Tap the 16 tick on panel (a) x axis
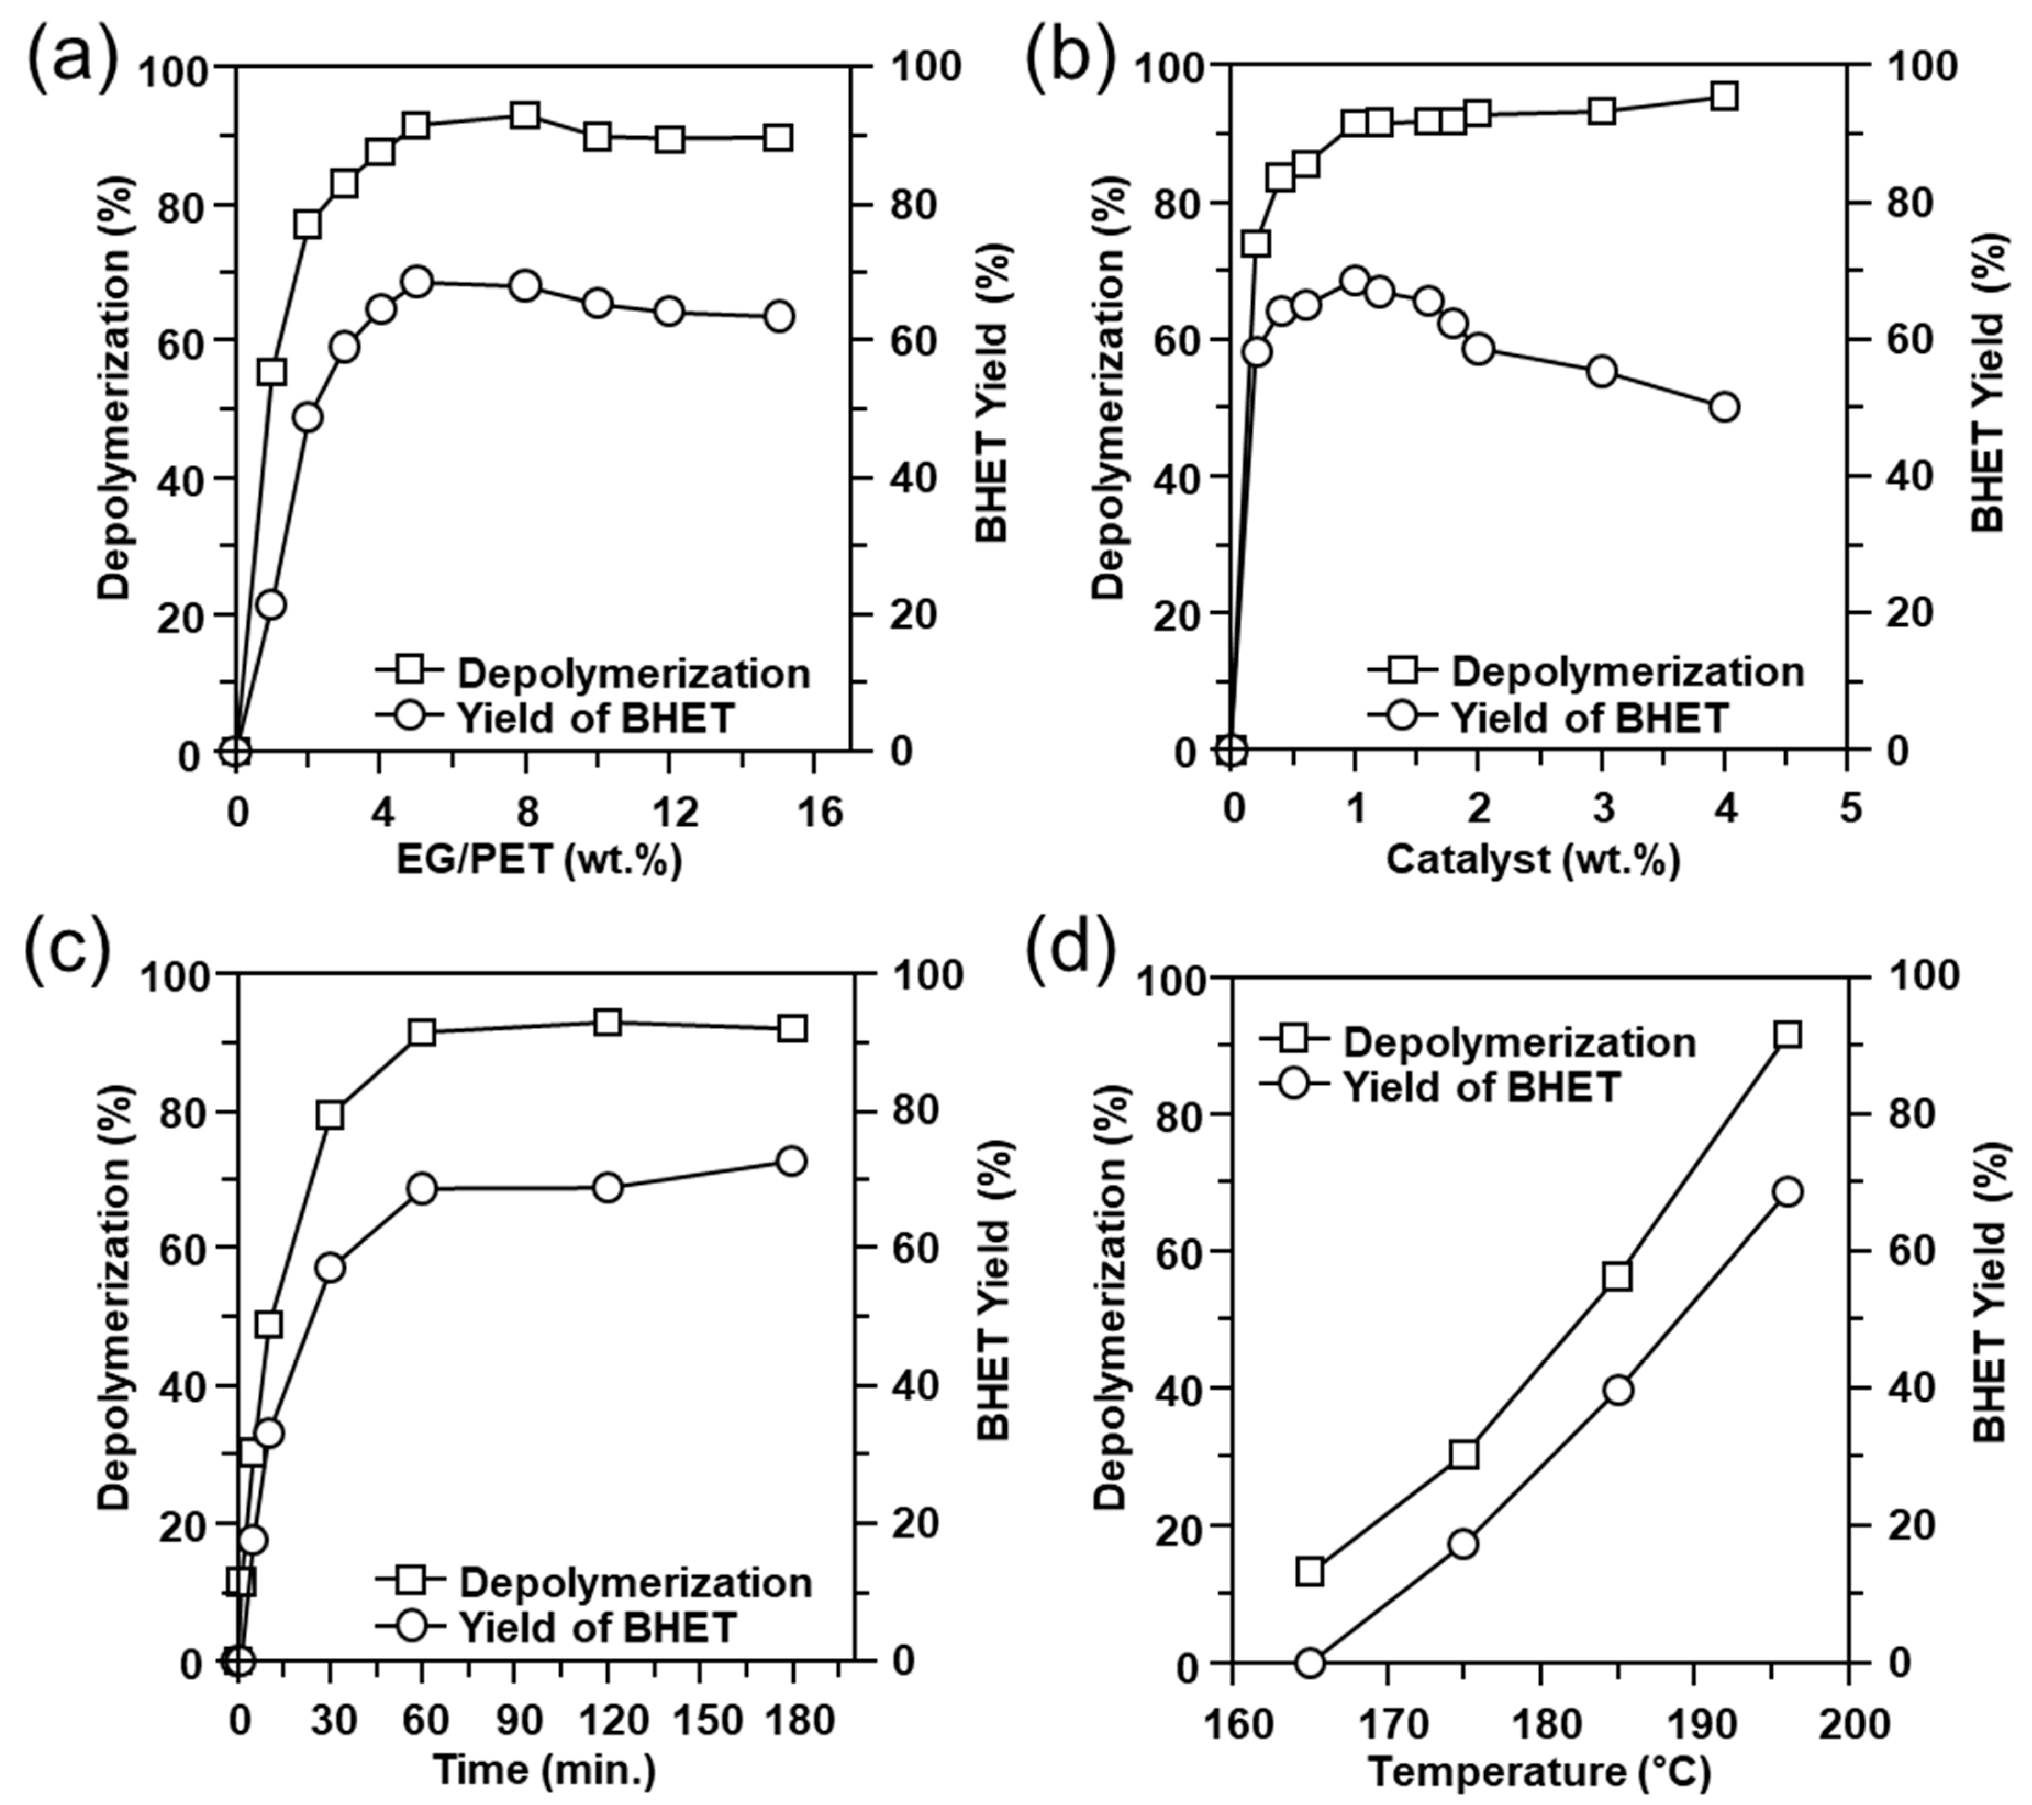(x=815, y=813)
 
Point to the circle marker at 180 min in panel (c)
(x=792, y=1160)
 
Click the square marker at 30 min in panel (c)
(x=330, y=1115)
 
